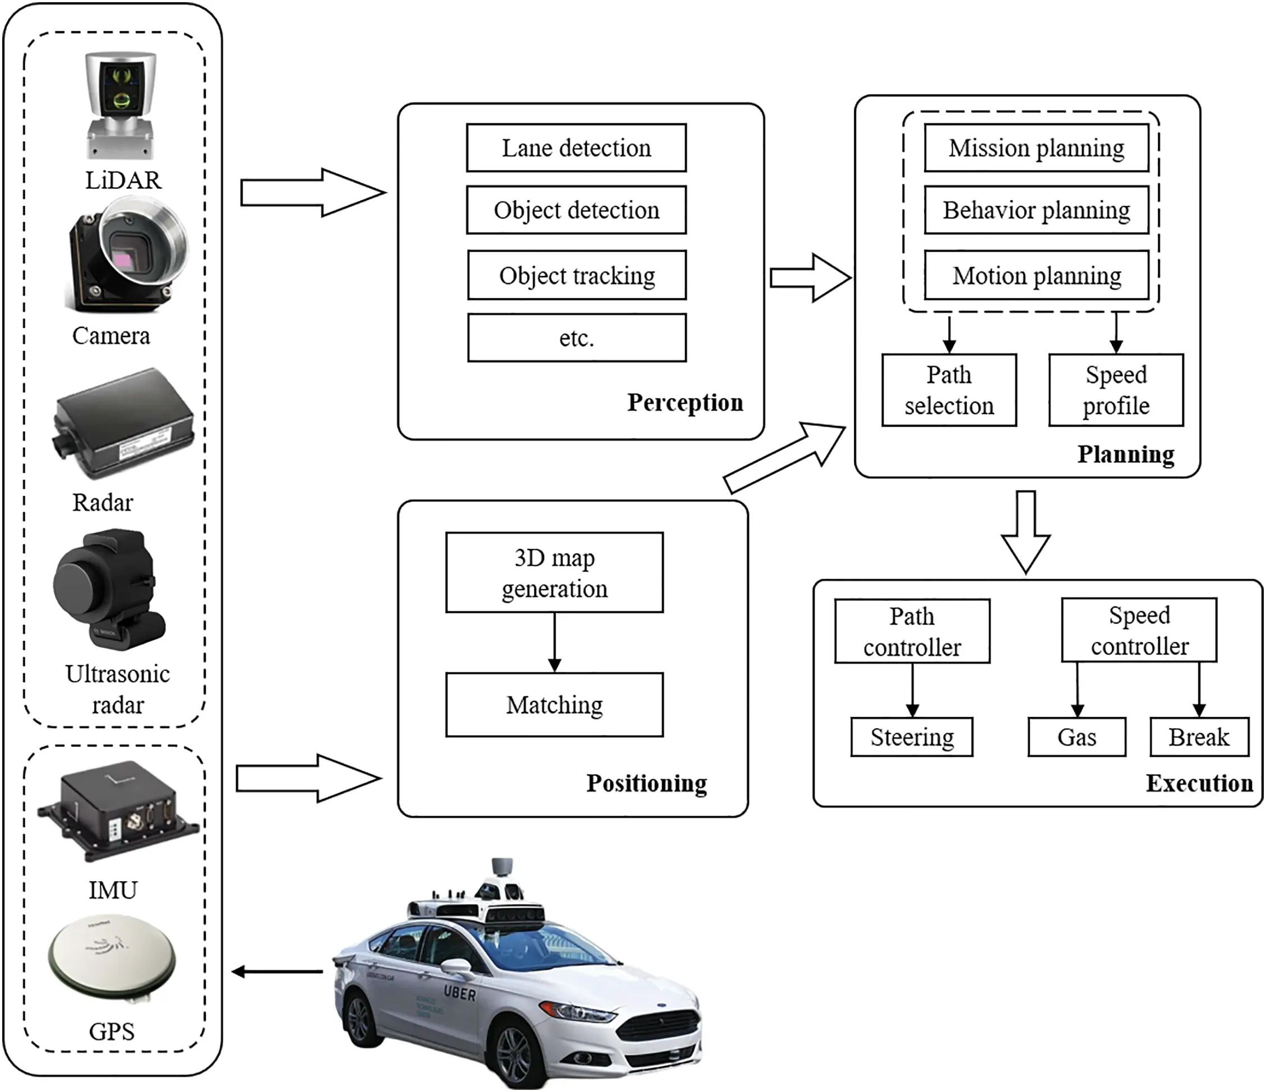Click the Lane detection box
(576, 148)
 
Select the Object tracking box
(576, 275)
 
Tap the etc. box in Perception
(576, 337)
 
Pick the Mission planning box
(1036, 148)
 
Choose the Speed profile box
(1116, 390)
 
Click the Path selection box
(949, 390)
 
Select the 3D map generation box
(554, 572)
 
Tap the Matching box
(554, 705)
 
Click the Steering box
(912, 737)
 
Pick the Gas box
(1076, 737)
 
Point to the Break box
(1199, 737)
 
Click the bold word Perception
(685, 402)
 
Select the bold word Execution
(1199, 783)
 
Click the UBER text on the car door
(460, 994)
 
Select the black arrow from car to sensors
(278, 971)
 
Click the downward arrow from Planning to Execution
(1025, 531)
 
